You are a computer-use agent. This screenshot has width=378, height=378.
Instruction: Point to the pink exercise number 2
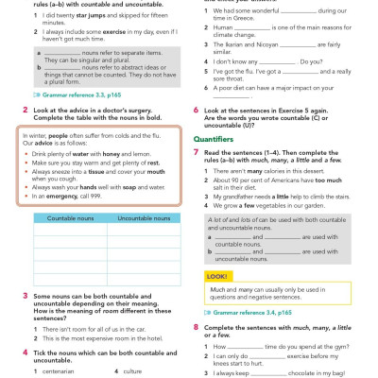click(x=24, y=135)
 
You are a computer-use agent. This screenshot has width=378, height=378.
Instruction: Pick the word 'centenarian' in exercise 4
click(x=55, y=371)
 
